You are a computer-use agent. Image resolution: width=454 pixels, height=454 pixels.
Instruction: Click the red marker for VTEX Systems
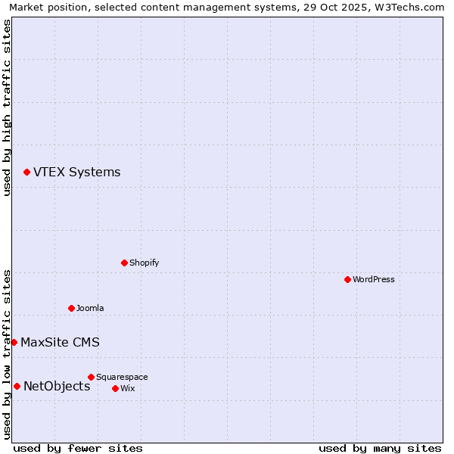tap(26, 173)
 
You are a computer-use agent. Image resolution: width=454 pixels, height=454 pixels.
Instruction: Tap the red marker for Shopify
tap(124, 263)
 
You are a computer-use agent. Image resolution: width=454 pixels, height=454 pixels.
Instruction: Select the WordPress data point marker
tap(347, 280)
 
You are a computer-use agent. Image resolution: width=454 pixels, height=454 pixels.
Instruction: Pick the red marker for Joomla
tap(71, 309)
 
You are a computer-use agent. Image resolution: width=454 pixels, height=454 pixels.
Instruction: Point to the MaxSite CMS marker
tap(14, 343)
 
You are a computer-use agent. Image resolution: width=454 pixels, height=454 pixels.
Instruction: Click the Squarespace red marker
tap(91, 377)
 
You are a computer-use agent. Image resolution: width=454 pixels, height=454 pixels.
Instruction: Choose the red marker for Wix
tap(115, 389)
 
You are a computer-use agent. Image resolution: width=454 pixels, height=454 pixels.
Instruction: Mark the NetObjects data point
tap(17, 387)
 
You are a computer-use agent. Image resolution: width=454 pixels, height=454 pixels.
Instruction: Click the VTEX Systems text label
tap(76, 173)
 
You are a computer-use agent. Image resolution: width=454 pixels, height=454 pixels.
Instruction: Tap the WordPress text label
tap(374, 280)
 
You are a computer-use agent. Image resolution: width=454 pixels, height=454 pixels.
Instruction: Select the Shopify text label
tap(144, 263)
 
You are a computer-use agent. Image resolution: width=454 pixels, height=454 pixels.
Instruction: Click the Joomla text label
tap(90, 309)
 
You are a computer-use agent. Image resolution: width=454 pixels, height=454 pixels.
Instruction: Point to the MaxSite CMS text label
tap(60, 343)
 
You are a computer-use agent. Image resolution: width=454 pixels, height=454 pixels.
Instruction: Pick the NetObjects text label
tap(57, 387)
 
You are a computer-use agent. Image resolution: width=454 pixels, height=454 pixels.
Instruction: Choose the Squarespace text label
tap(122, 377)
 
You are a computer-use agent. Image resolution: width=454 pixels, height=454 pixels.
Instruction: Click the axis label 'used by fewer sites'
tap(78, 448)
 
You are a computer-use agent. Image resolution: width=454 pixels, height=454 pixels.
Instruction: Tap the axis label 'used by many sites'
tap(380, 448)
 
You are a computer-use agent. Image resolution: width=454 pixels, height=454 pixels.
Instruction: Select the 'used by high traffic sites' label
tap(8, 107)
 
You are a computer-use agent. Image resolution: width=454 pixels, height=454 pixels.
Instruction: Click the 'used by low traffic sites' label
tap(8, 354)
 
